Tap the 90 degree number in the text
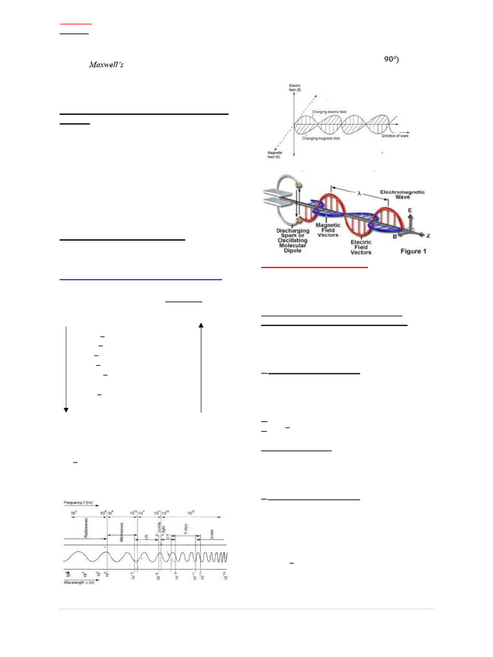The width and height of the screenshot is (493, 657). [392, 60]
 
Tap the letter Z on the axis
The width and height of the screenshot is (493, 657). [428, 236]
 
